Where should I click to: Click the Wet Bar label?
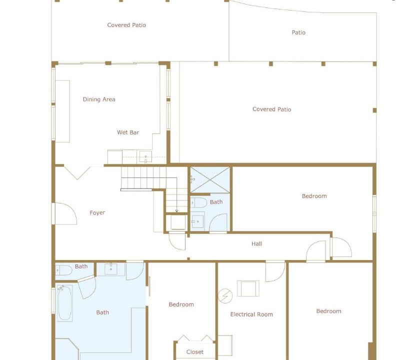128,132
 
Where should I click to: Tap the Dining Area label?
99,99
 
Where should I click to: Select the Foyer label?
97,213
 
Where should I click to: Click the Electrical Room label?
251,314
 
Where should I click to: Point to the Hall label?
256,244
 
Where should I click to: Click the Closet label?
195,351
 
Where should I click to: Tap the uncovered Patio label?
298,32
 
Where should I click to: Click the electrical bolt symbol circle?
225,295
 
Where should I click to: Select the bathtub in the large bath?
64,303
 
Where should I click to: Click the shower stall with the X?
210,179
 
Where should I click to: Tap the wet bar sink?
145,157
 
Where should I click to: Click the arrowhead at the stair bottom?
176,211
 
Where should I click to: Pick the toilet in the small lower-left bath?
63,270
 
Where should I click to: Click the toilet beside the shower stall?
198,202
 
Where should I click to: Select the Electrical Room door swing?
275,271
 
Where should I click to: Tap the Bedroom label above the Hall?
314,196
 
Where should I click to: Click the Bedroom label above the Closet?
181,304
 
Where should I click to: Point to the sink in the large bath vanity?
111,269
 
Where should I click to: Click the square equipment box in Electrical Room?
248,288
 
